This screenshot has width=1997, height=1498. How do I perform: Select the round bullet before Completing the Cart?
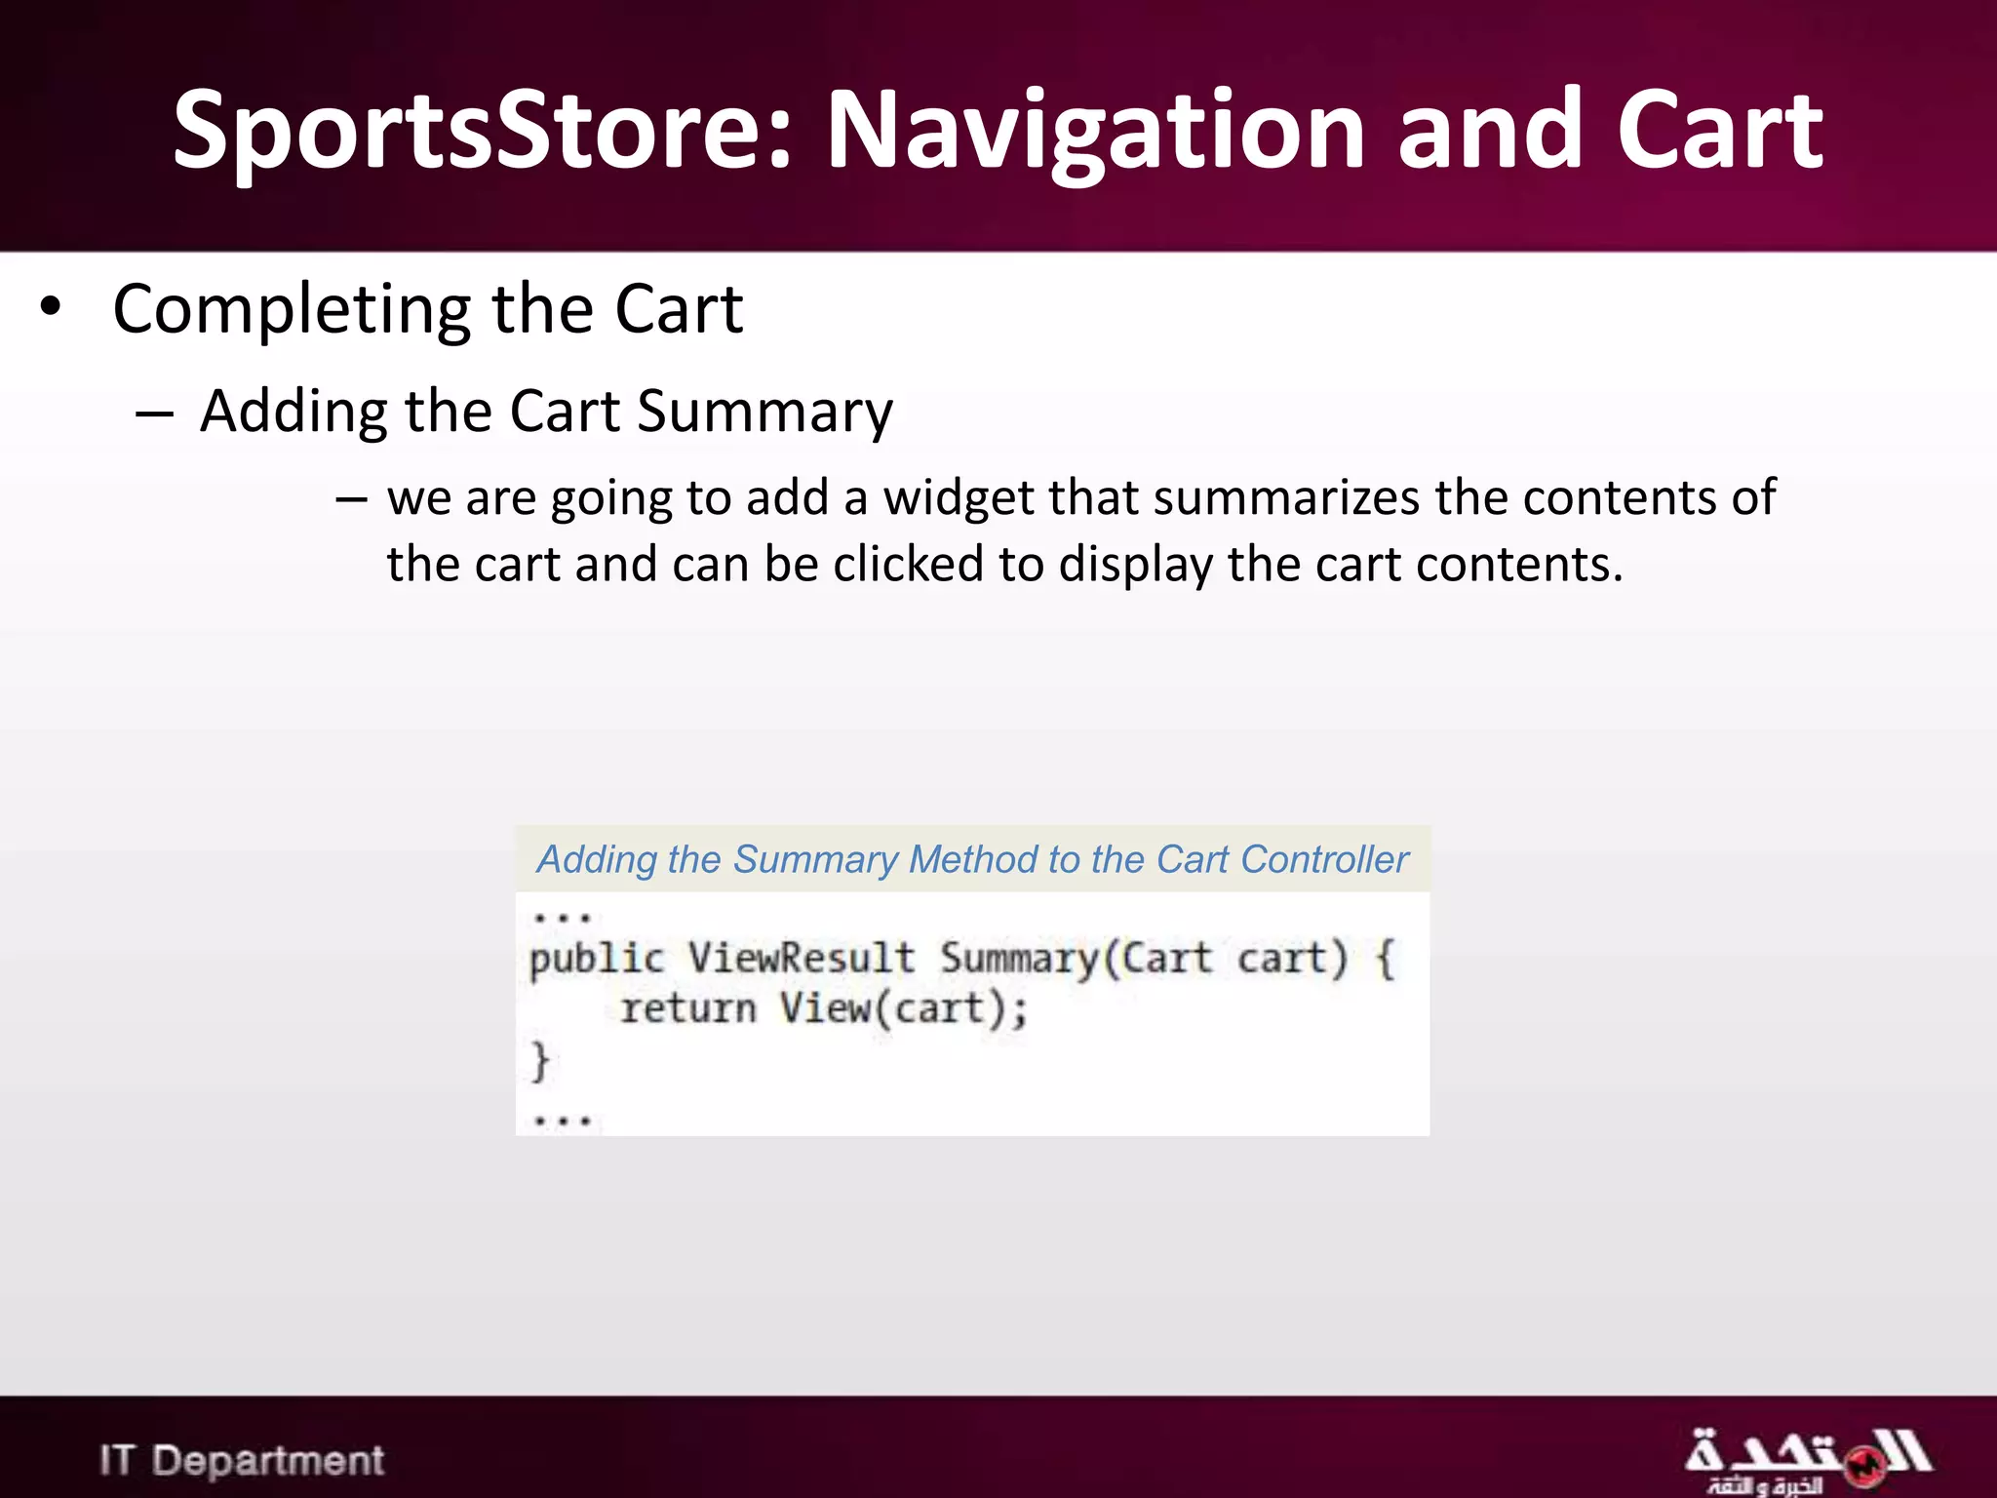coord(51,307)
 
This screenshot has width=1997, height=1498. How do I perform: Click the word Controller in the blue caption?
coord(1325,860)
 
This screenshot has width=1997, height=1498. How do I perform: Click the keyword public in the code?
coord(596,959)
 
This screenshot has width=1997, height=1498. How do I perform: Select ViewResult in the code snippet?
coord(801,959)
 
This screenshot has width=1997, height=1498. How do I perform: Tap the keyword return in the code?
coord(688,1008)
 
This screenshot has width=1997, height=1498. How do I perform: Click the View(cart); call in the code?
coord(903,1008)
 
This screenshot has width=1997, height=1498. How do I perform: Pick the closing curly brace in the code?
coord(540,1061)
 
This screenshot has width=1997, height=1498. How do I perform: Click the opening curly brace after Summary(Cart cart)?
coord(1386,959)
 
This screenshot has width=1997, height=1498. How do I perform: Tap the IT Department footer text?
coord(242,1461)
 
